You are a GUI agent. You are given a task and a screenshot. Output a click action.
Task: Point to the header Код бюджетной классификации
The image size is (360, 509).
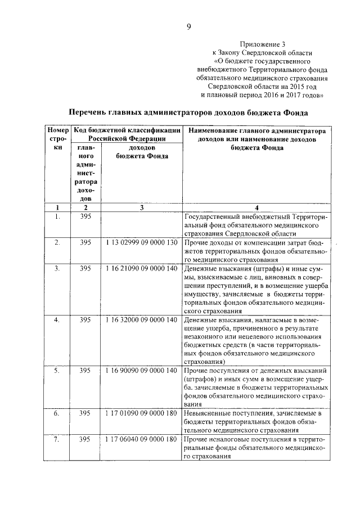tap(127, 134)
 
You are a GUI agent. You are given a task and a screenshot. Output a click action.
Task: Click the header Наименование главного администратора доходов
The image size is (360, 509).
tap(256, 139)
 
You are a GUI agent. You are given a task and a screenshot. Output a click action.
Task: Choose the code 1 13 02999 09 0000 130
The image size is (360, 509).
tap(141, 242)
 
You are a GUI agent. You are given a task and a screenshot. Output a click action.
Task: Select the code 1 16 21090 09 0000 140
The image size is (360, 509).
tap(141, 269)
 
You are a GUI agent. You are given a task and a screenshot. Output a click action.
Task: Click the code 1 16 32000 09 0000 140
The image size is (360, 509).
tap(141, 320)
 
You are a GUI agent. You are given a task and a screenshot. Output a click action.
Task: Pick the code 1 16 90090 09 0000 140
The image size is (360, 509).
tap(141, 371)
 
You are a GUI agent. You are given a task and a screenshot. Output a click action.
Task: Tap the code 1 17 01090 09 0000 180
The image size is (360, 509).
tap(141, 413)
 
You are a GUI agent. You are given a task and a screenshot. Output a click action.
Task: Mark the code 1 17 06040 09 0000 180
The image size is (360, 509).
tap(141, 439)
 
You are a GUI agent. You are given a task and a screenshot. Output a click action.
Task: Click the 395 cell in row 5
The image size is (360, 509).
tap(85, 371)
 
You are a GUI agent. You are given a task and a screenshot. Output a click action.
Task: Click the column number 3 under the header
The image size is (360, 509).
tap(142, 208)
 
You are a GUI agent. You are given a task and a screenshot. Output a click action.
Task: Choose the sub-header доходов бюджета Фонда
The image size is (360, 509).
tap(142, 152)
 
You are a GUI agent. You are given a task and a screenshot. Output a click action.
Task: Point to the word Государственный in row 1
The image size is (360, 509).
tap(213, 217)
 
